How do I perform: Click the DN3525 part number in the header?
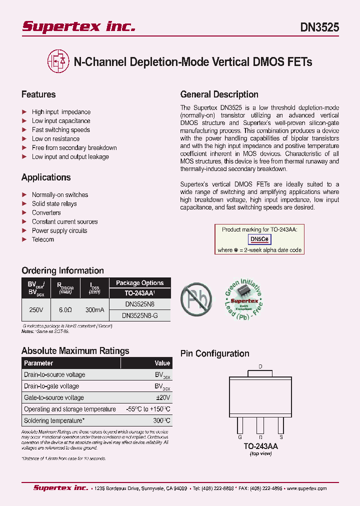(x=319, y=27)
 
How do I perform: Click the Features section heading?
(x=38, y=94)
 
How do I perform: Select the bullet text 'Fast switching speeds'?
(x=61, y=130)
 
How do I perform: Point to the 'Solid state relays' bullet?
(x=54, y=204)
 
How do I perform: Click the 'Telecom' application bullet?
(x=43, y=239)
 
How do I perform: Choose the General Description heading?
(x=219, y=94)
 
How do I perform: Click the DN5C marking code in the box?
(x=260, y=239)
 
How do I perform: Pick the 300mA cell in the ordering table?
(x=94, y=310)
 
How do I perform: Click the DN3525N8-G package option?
(x=139, y=315)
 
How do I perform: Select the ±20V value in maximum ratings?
(x=162, y=397)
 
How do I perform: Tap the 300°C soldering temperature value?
(x=161, y=420)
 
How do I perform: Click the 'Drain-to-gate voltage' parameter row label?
(x=51, y=386)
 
